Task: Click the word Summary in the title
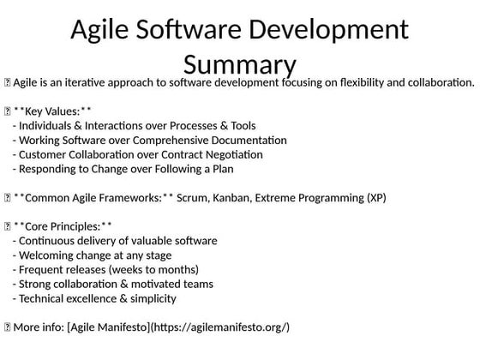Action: pyautogui.click(x=240, y=63)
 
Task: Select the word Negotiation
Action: pyautogui.click(x=232, y=154)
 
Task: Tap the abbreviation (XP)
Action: pyautogui.click(x=375, y=198)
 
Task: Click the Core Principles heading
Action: pyautogui.click(x=63, y=226)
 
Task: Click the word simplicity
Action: pyautogui.click(x=150, y=298)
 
